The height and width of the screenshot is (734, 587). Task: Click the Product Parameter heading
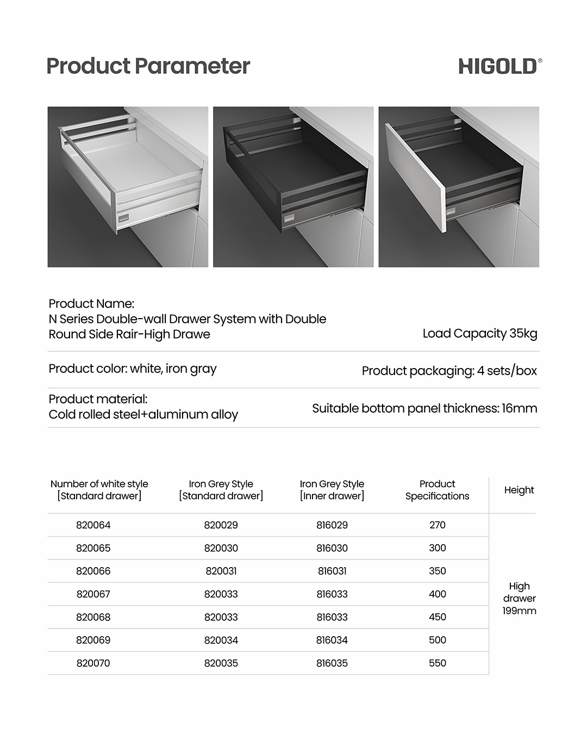tap(148, 66)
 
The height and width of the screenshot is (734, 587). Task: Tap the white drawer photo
tap(128, 186)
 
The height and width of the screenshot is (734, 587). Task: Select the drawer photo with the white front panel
tap(459, 186)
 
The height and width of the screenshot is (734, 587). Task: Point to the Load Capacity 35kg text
tap(480, 334)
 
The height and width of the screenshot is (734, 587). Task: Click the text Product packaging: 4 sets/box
tap(449, 371)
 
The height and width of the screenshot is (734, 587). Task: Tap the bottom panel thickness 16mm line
tap(424, 408)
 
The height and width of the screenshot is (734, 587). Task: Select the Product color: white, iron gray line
tap(133, 369)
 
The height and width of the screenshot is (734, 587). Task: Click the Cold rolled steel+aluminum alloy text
tap(143, 414)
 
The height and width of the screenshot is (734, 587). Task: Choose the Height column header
tap(519, 490)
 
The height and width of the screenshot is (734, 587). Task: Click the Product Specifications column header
tap(437, 490)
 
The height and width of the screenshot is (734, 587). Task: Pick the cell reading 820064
tap(93, 525)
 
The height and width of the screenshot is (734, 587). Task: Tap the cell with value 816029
tap(332, 525)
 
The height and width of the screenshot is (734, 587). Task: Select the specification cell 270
tap(437, 525)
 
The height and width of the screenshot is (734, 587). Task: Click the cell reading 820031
tap(221, 571)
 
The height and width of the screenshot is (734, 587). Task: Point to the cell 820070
tap(93, 663)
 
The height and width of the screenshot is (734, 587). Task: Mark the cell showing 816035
tap(332, 663)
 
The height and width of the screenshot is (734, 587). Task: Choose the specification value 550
tap(437, 663)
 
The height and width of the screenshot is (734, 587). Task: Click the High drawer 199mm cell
tap(519, 598)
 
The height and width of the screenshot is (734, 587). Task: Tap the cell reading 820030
tap(221, 548)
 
